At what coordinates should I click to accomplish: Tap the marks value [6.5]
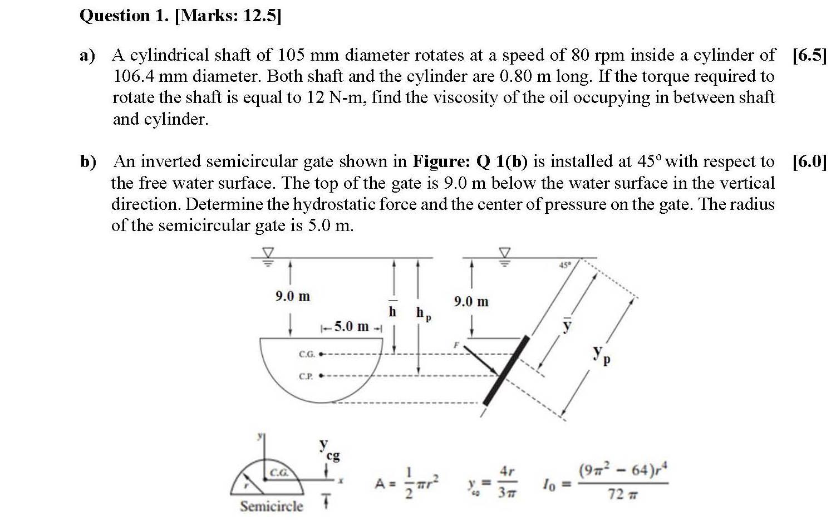click(x=809, y=56)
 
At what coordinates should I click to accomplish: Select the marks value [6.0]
click(x=809, y=162)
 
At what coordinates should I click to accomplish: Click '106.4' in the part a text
click(x=133, y=76)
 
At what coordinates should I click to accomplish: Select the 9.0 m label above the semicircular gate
click(x=292, y=297)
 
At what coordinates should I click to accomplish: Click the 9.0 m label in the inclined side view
click(x=471, y=302)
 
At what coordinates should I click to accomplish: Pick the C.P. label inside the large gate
click(x=307, y=376)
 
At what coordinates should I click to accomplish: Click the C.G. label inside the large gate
click(x=307, y=354)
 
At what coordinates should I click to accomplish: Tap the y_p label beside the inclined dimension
click(x=601, y=355)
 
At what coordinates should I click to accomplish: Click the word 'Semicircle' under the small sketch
click(x=272, y=506)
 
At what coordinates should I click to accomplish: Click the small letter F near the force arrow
click(x=455, y=346)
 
